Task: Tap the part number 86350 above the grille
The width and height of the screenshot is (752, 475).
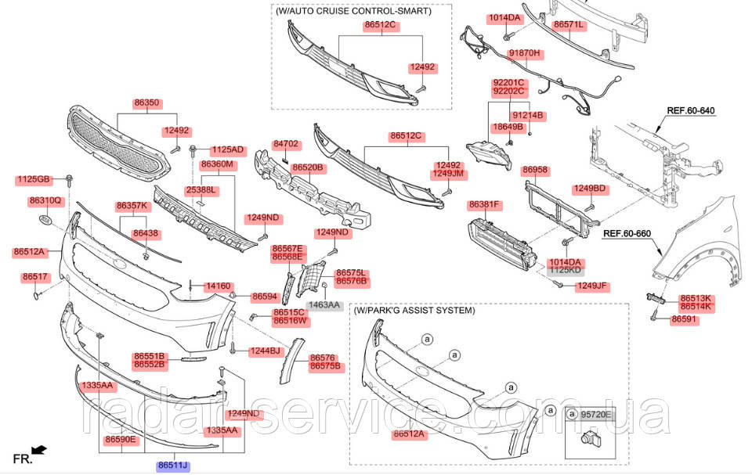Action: click(146, 103)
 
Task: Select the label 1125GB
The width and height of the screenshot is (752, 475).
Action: click(33, 180)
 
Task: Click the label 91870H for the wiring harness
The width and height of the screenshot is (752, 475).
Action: click(525, 53)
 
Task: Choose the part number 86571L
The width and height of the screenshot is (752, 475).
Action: click(569, 25)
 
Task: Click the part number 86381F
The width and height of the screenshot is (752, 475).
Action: click(484, 205)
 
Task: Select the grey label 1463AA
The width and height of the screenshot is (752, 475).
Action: click(324, 304)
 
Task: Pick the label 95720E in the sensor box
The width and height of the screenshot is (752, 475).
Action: click(597, 413)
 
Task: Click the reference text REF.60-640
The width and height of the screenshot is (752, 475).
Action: click(691, 110)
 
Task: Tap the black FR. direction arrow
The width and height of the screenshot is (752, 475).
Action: click(38, 450)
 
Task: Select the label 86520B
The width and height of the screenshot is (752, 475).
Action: click(308, 167)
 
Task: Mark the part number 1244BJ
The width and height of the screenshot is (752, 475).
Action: click(265, 351)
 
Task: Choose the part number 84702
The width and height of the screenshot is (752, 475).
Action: click(286, 145)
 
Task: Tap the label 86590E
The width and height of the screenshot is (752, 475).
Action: click(121, 440)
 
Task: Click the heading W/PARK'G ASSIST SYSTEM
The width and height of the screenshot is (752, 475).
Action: click(414, 311)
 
